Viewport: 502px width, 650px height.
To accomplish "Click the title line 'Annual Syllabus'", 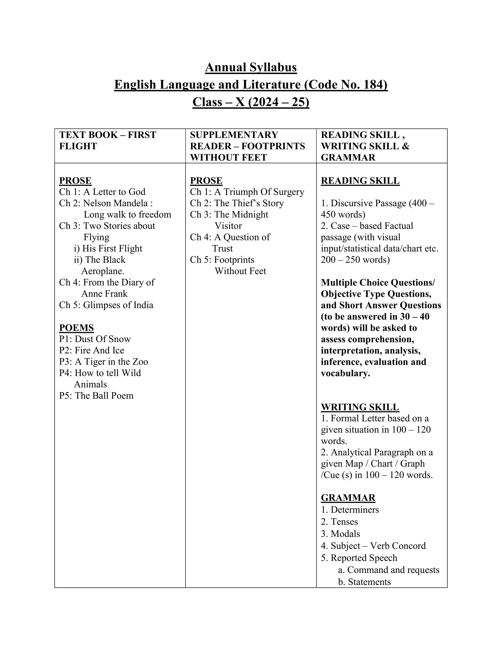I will (x=251, y=67).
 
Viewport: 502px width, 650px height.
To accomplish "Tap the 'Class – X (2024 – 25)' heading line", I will (x=251, y=102).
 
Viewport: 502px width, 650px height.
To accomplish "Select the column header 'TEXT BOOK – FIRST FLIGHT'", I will (x=107, y=141).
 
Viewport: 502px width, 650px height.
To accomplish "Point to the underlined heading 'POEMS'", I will (x=76, y=328).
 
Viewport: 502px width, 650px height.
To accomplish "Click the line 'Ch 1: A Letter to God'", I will (x=102, y=192).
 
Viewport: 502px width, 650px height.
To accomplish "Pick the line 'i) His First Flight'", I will (x=108, y=248).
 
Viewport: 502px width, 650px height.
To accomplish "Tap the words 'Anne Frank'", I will (x=104, y=294).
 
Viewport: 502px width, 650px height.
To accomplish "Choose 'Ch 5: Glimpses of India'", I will (x=106, y=305).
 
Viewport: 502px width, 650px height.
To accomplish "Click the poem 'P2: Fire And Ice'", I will (x=92, y=350).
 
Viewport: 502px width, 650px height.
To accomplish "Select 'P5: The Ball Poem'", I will (x=96, y=396).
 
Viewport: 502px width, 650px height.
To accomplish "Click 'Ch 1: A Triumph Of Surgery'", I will (x=247, y=192).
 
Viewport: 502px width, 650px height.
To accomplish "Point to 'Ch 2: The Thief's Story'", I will (x=237, y=203).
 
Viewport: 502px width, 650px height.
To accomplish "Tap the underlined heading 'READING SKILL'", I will (x=360, y=181).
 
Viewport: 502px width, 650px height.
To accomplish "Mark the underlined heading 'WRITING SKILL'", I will (x=360, y=407).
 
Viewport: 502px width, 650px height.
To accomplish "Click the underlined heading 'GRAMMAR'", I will (x=348, y=498).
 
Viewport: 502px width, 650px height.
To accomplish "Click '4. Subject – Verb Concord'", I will (x=373, y=546).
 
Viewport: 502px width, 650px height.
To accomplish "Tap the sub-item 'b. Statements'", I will (x=364, y=582).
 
